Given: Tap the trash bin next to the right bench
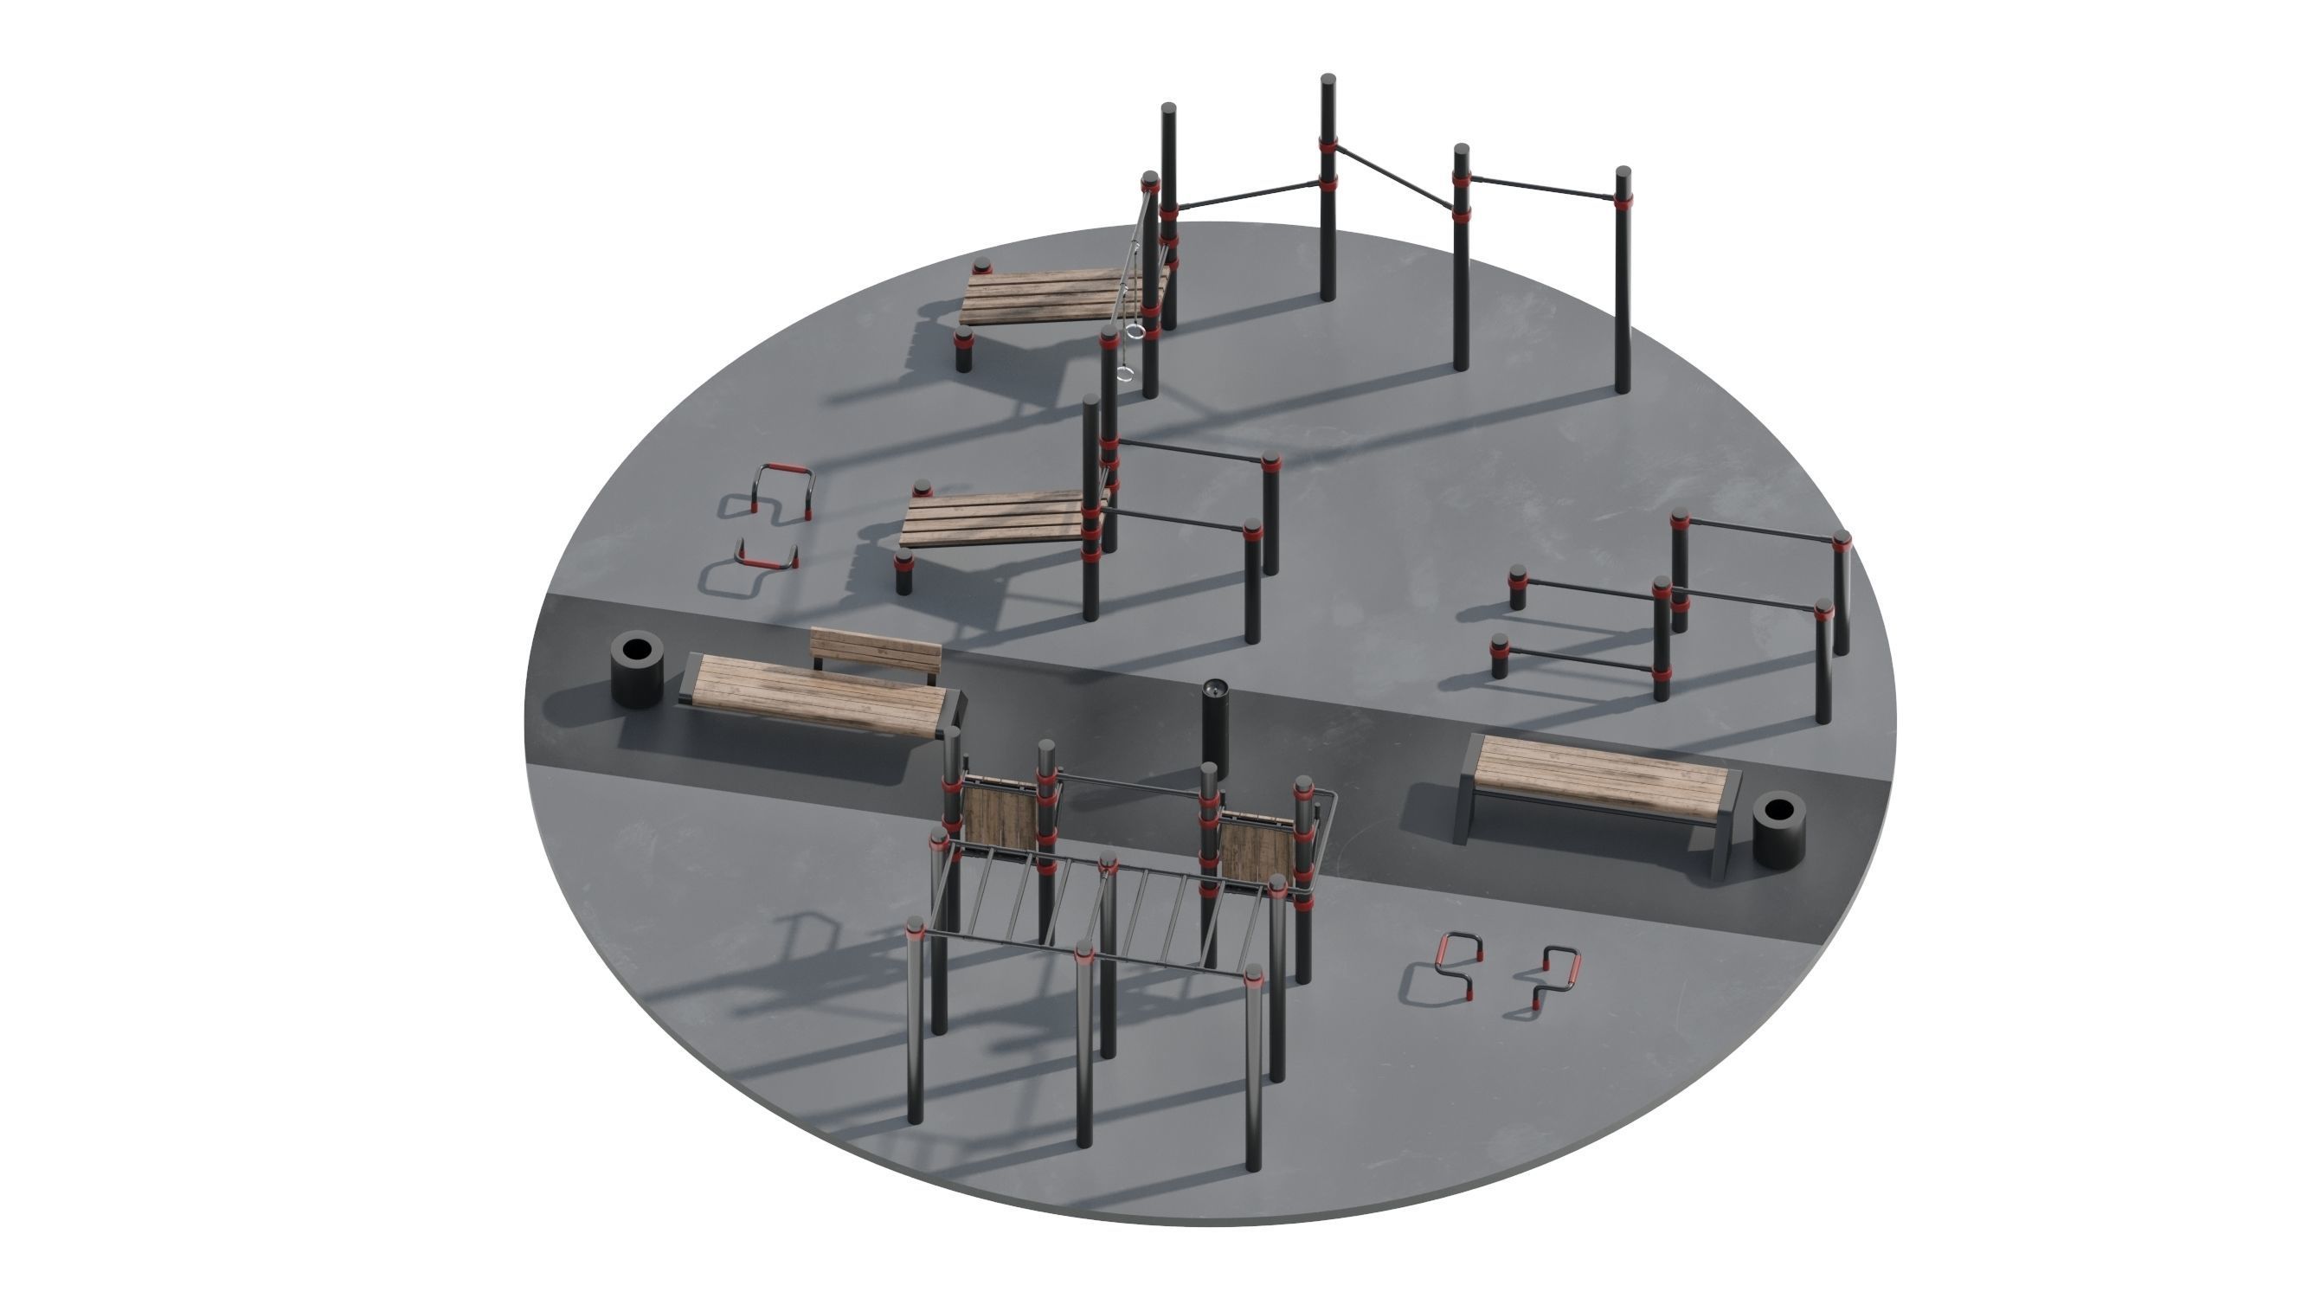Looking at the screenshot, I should pos(1778,828).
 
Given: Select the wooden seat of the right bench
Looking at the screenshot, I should pos(1600,775).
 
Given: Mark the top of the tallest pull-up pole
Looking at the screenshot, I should pos(1328,80).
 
